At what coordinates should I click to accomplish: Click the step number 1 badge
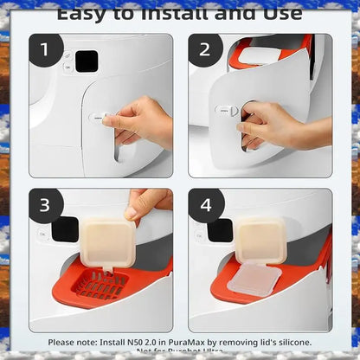(x=46, y=50)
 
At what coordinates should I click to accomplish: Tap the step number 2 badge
(x=205, y=49)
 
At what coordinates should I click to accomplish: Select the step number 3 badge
(x=46, y=205)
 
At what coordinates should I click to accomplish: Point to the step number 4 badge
(x=206, y=205)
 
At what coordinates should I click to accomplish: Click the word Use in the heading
(x=278, y=13)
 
